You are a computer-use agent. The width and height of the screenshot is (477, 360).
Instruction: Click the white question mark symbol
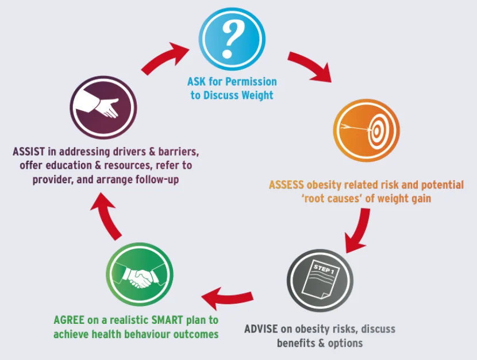pyautogui.click(x=232, y=39)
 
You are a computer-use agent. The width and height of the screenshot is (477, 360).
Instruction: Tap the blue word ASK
pyautogui.click(x=197, y=82)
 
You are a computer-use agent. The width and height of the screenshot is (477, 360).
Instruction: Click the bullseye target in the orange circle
pyautogui.click(x=376, y=131)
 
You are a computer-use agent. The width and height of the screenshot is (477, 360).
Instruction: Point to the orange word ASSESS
pyautogui.click(x=286, y=185)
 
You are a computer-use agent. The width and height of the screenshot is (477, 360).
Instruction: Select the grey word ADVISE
pyautogui.click(x=261, y=329)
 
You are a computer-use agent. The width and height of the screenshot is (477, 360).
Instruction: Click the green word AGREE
pyautogui.click(x=69, y=320)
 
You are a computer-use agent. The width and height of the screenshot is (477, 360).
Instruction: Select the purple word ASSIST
pyautogui.click(x=29, y=152)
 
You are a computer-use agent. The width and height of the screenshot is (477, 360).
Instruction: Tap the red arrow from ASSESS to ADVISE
pyautogui.click(x=359, y=231)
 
